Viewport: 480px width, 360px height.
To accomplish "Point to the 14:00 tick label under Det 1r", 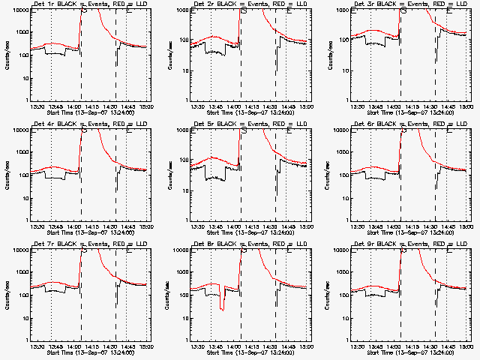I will [80, 105].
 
